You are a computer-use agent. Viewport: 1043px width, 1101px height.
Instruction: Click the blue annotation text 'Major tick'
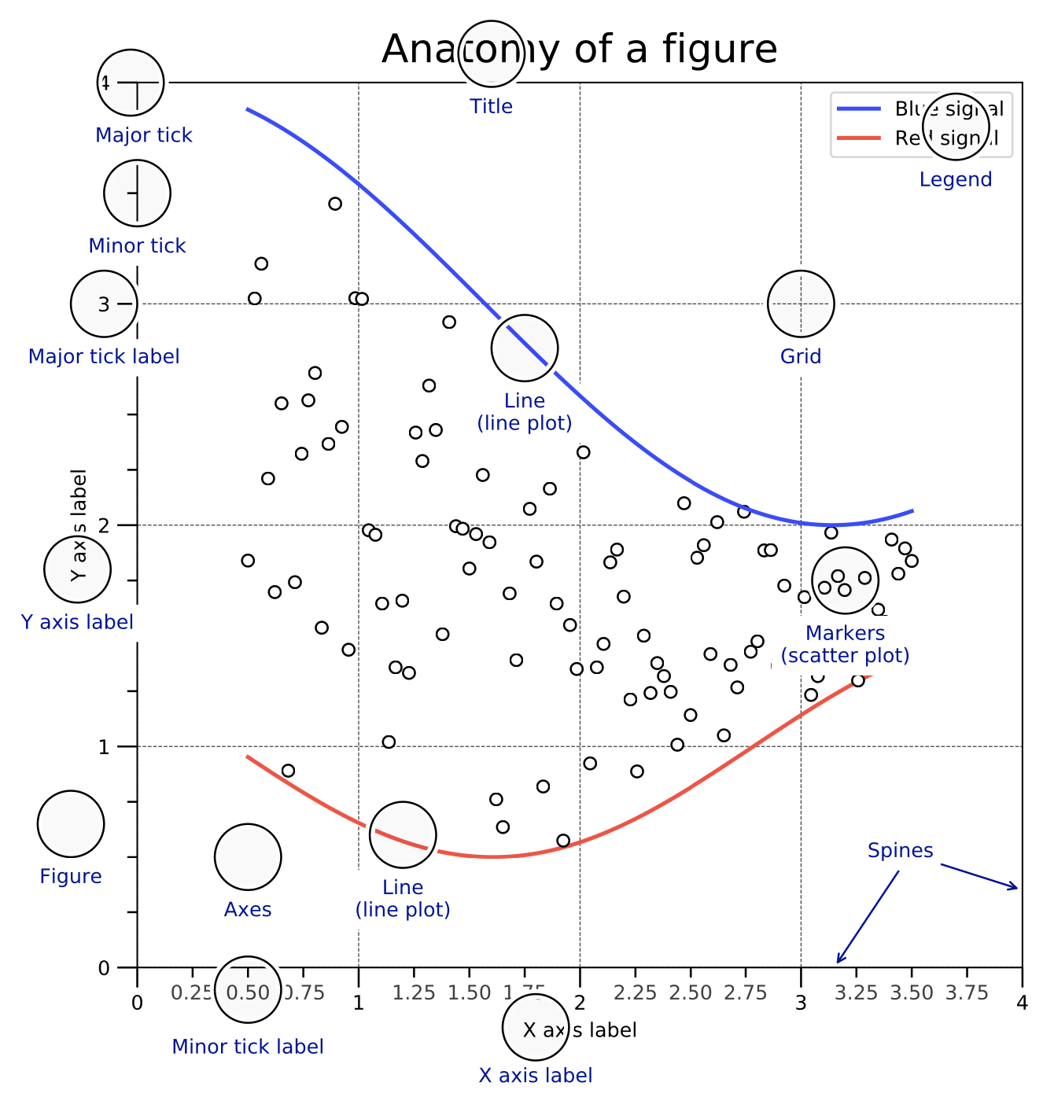[144, 135]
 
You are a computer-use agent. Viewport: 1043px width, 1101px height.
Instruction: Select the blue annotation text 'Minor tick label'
[248, 1047]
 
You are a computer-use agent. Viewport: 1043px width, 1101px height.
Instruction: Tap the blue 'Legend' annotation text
[956, 179]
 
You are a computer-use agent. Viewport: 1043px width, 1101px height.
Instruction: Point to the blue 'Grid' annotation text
[801, 356]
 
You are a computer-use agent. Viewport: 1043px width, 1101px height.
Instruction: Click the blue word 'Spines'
[900, 850]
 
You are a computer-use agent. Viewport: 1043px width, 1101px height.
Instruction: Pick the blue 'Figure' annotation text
[71, 876]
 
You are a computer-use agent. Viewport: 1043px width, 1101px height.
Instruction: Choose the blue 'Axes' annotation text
[248, 909]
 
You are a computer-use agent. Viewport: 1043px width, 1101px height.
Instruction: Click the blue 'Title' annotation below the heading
[492, 106]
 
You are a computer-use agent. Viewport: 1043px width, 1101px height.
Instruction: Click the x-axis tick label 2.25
[635, 992]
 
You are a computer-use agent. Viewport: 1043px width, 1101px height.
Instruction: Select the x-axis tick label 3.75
[966, 992]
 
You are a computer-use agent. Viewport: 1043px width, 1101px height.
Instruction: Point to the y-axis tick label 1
[104, 746]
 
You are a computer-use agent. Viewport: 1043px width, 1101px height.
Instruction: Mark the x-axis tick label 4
[1022, 1003]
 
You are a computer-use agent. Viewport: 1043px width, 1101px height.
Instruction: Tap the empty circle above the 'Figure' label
[71, 823]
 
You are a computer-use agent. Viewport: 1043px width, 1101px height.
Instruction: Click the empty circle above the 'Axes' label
[248, 856]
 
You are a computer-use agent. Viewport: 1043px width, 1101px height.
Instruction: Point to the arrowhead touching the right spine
[1015, 888]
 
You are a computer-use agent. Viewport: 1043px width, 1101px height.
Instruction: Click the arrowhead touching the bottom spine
[839, 959]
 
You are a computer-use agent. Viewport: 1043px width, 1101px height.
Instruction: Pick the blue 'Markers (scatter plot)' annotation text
[846, 644]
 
